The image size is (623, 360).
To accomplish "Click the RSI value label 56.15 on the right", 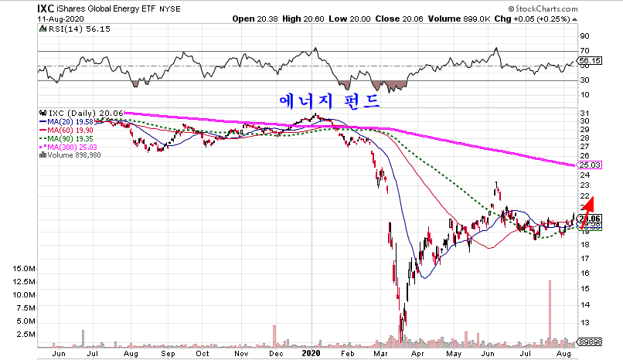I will (x=590, y=60).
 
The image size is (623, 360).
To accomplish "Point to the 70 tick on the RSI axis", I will (x=584, y=50).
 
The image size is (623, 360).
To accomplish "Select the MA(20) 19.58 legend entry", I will (x=67, y=121).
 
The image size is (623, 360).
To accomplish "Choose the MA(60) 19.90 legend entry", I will (x=67, y=130).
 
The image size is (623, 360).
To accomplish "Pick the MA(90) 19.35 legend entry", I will (x=67, y=138).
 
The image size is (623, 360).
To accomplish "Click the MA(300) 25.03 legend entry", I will (x=70, y=147).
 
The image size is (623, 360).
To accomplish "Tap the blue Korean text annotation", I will (x=329, y=100).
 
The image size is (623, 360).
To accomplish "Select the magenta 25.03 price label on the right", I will (x=590, y=165).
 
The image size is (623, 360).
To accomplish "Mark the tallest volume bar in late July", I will (x=550, y=309).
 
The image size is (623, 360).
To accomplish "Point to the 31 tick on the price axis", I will (x=584, y=114).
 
